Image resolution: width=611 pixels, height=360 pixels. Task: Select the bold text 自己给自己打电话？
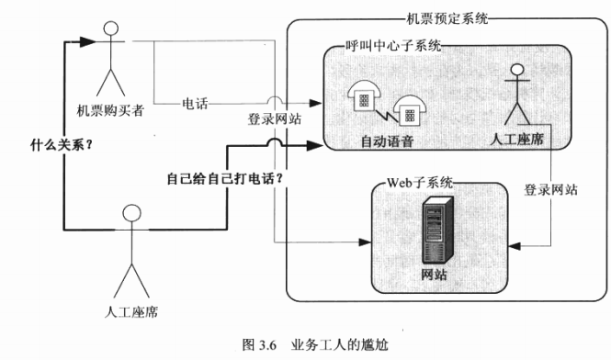coord(221,178)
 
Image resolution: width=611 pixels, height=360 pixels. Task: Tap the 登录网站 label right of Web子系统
coord(550,190)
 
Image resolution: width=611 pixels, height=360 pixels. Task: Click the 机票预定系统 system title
coord(447,17)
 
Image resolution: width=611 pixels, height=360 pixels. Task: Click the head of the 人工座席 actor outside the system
coord(131,214)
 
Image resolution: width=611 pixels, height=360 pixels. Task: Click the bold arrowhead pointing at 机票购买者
coord(87,41)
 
